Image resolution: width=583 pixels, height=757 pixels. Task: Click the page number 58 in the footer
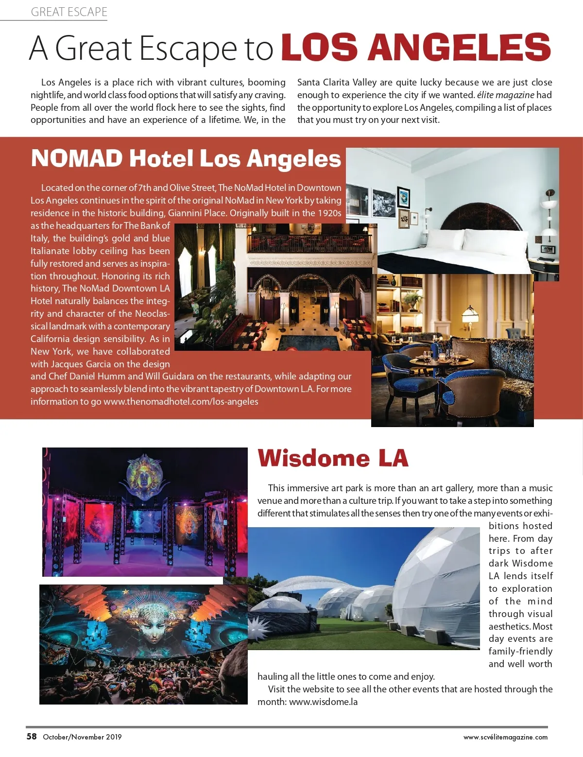click(32, 736)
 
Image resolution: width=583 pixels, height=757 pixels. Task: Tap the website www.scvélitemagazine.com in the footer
click(505, 737)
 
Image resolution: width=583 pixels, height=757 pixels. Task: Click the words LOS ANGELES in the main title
click(416, 48)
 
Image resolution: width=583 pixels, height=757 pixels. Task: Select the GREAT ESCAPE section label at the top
click(69, 12)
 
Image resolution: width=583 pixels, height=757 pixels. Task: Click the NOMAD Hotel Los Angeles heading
click(186, 159)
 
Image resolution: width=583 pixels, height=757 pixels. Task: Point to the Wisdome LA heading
click(333, 458)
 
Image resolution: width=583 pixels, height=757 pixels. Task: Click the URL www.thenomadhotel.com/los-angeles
click(181, 402)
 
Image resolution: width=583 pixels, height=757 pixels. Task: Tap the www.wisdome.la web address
click(323, 702)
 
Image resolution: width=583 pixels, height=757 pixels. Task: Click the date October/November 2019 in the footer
click(82, 737)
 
